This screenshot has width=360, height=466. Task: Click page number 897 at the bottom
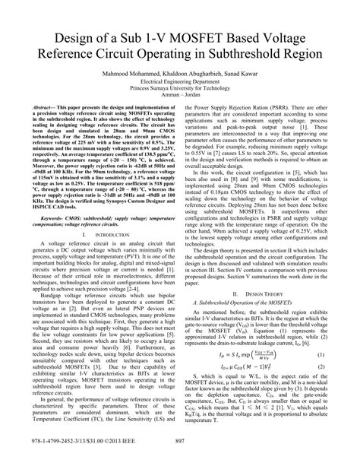coord(179,455)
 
